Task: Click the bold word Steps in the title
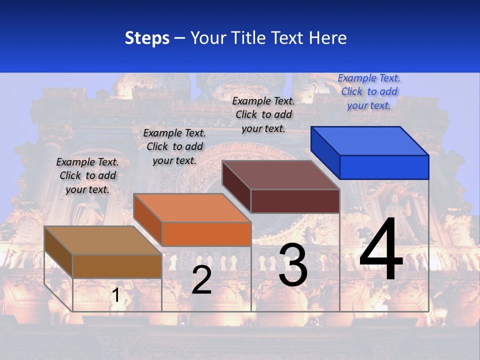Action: click(x=147, y=38)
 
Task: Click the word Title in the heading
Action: click(x=250, y=38)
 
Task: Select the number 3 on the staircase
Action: click(x=293, y=265)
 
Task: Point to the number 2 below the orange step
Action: click(x=201, y=280)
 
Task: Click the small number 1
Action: click(x=116, y=295)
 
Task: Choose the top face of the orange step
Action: click(x=192, y=208)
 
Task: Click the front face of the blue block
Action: click(x=384, y=167)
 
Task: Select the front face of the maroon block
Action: click(x=295, y=201)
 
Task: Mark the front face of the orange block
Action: click(x=206, y=234)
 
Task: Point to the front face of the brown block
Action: click(x=117, y=266)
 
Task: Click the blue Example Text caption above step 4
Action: click(x=369, y=91)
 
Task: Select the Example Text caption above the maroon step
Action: click(x=263, y=114)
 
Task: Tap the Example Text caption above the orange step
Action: click(x=174, y=146)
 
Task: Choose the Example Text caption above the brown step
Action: click(x=87, y=175)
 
